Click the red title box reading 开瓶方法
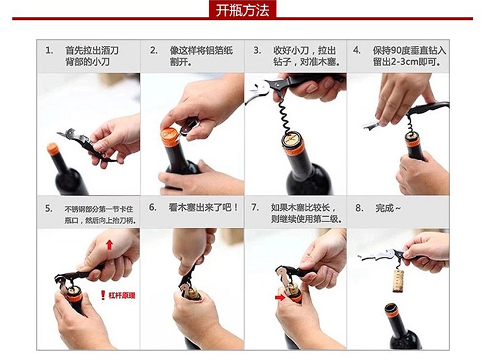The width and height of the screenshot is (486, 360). [242, 9]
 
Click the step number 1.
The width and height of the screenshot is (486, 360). [49, 50]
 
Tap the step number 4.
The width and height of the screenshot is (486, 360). [357, 50]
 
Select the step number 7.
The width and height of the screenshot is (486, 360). [255, 207]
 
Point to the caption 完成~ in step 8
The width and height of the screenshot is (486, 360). [388, 208]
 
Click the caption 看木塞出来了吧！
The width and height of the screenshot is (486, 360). [204, 207]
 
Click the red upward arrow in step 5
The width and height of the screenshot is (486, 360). [109, 245]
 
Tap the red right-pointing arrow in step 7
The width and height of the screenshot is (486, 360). [280, 297]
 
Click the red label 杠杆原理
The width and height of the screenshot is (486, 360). [122, 295]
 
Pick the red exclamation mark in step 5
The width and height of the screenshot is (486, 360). [103, 295]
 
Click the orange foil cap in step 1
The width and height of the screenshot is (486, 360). [53, 149]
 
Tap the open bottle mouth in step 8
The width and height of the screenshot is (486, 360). [391, 308]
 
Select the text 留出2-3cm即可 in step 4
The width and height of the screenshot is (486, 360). [406, 62]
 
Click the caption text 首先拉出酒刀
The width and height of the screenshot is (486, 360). [92, 50]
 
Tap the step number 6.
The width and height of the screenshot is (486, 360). [152, 207]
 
